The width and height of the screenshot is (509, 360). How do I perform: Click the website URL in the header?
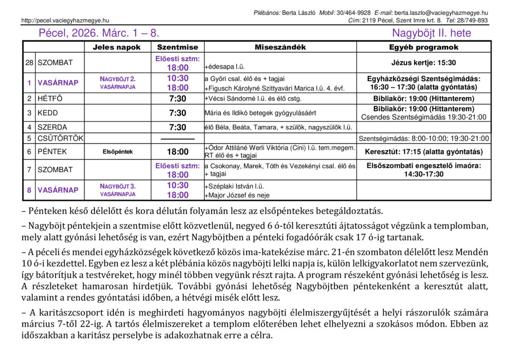tap(65, 20)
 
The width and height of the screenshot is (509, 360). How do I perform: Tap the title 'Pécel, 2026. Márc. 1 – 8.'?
tap(99, 34)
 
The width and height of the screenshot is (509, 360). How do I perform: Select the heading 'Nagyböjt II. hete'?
tap(431, 34)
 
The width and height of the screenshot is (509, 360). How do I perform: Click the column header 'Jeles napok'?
tap(117, 47)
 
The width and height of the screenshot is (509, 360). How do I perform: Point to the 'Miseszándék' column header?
tap(280, 47)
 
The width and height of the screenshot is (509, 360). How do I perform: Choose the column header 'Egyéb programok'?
tap(424, 47)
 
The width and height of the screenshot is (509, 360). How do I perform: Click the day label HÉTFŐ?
tap(50, 98)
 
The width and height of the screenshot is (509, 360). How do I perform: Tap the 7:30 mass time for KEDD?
tap(177, 113)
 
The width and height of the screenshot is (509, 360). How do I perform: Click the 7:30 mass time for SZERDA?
tap(177, 127)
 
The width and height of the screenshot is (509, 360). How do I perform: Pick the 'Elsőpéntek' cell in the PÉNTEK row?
tap(117, 152)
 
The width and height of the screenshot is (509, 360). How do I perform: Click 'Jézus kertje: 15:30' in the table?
tap(424, 63)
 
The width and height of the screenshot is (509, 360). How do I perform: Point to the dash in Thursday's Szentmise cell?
tap(177, 138)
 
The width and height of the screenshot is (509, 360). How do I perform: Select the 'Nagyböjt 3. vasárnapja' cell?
tap(117, 190)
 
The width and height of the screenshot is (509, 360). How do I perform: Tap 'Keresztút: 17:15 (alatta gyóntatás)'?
tap(424, 152)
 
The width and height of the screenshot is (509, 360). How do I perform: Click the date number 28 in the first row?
tap(29, 63)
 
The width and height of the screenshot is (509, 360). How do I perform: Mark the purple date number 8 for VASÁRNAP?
tap(29, 190)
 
